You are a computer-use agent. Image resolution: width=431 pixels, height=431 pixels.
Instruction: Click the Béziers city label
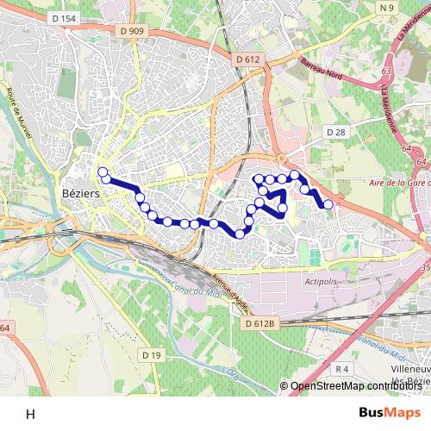[82, 194]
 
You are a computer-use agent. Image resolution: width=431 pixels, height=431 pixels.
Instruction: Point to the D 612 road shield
[247, 59]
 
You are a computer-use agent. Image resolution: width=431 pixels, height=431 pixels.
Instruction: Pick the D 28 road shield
[335, 131]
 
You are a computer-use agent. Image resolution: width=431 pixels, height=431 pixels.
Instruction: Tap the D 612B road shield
[259, 323]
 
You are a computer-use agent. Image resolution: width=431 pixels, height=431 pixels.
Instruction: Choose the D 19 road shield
[152, 355]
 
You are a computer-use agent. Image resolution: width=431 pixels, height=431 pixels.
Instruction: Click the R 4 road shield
[342, 368]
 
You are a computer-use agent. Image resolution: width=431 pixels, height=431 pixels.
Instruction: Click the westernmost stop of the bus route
[102, 172]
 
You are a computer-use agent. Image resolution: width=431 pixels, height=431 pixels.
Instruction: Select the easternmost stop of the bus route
[328, 204]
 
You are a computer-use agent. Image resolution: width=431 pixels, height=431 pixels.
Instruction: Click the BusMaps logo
[390, 412]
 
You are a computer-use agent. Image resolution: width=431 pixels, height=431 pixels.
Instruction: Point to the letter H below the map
[30, 414]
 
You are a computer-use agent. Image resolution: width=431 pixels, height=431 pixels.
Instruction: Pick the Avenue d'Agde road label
[230, 293]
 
